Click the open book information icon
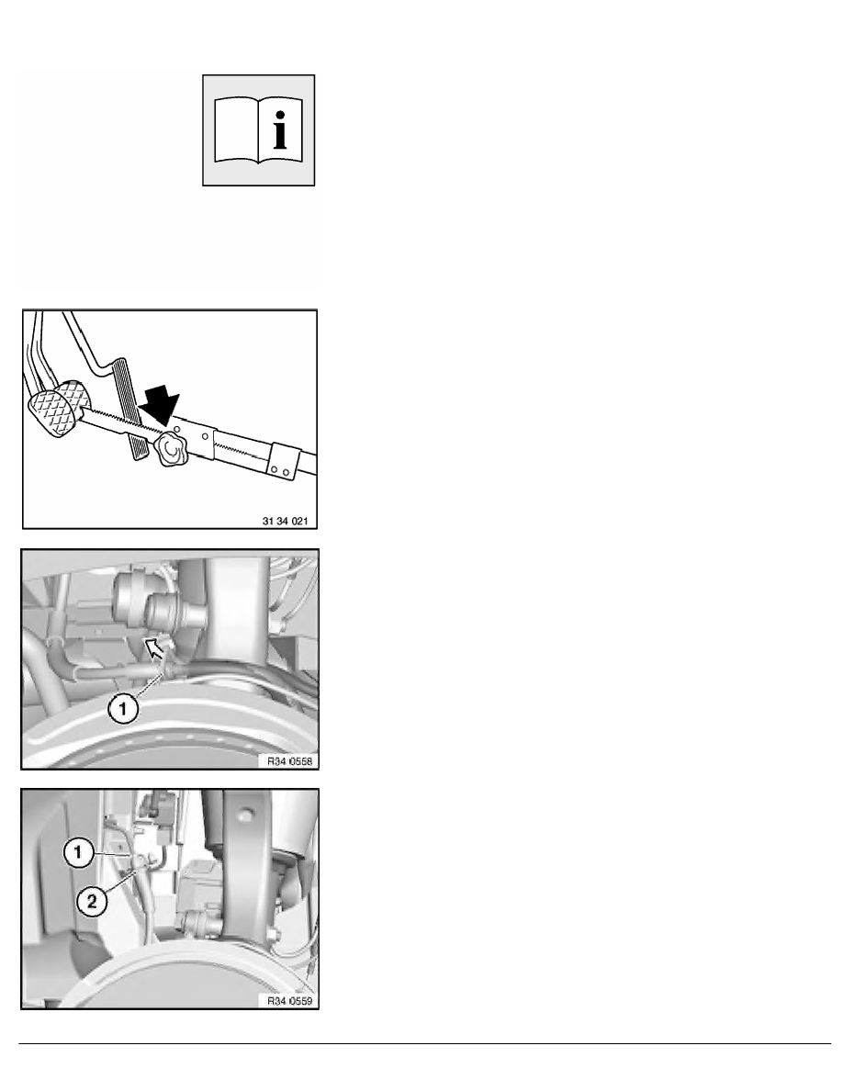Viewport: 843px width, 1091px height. click(258, 130)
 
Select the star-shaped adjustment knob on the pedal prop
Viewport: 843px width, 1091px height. click(172, 451)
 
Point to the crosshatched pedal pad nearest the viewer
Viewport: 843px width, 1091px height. click(51, 415)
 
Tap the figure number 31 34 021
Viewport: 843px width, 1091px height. click(285, 521)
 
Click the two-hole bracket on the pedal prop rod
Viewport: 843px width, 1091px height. click(284, 461)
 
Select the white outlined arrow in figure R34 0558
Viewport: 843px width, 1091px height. click(156, 648)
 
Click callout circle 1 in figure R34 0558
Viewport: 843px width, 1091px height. click(123, 709)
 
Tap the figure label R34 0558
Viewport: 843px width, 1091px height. click(290, 761)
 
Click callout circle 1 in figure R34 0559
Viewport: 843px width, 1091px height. click(78, 852)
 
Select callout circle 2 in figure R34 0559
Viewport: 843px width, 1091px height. click(91, 903)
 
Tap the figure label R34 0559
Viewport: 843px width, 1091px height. click(290, 1001)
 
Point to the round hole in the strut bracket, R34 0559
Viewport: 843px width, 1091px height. click(245, 814)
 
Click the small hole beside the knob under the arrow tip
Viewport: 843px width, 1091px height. click(178, 429)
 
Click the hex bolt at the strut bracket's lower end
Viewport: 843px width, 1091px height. click(277, 931)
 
